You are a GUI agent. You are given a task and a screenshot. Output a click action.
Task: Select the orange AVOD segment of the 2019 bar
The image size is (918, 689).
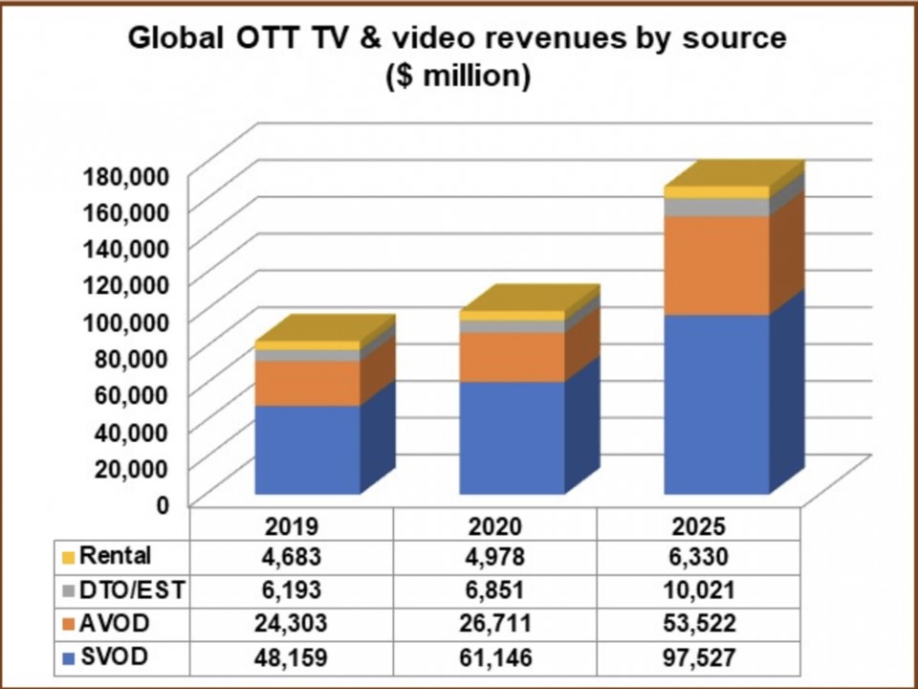click(x=307, y=383)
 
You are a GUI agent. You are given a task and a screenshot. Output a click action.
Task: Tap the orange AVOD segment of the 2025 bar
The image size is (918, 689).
click(x=716, y=265)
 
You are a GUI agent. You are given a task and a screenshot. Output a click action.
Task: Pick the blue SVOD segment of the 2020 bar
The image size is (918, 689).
click(x=511, y=437)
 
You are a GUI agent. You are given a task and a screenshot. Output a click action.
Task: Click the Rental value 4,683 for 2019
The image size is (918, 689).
click(x=291, y=556)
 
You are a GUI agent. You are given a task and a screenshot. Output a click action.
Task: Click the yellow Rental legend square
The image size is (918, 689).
click(x=68, y=557)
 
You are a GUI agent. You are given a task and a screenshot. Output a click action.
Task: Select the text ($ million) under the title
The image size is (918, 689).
click(x=458, y=77)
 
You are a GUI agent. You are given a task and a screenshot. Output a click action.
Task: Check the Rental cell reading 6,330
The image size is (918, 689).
click(x=700, y=556)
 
